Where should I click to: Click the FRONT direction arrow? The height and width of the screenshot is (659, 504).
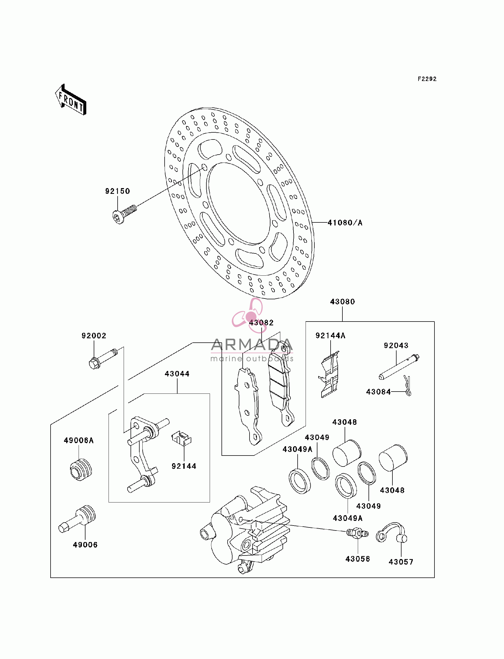tap(71, 100)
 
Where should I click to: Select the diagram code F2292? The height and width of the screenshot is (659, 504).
tap(427, 79)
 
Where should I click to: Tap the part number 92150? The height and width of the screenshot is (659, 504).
tap(118, 191)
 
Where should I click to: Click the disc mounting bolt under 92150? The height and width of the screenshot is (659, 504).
tap(124, 214)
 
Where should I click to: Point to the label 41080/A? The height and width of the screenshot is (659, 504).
tap(345, 223)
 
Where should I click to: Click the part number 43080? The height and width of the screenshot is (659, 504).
tap(343, 301)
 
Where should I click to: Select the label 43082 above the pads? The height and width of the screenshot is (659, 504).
tap(261, 323)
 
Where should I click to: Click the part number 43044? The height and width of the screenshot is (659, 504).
tap(177, 374)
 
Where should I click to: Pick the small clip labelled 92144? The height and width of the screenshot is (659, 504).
tap(181, 439)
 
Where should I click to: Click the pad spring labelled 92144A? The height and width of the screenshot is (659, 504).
tap(329, 375)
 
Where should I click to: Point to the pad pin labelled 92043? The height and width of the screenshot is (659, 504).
tap(399, 367)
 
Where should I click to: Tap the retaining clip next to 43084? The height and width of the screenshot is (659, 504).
tap(407, 386)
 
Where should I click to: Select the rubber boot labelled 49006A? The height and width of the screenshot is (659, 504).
tap(81, 470)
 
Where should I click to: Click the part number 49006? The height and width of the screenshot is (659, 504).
tap(85, 545)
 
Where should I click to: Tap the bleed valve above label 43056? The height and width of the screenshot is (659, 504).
tap(357, 533)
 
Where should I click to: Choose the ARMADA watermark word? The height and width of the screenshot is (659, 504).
tap(252, 345)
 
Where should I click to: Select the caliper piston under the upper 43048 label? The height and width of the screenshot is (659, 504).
tap(347, 453)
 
